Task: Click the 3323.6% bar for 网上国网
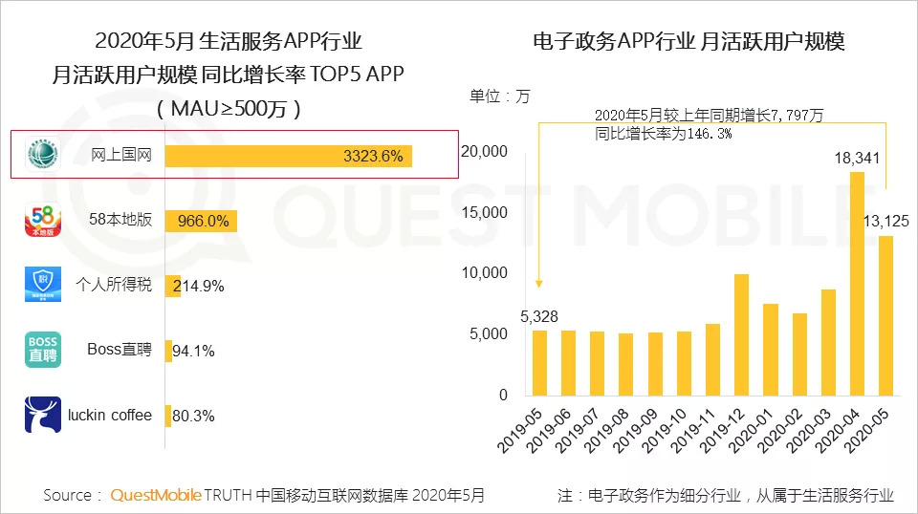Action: (287, 156)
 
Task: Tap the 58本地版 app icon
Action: (42, 221)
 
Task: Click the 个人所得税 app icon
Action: (42, 285)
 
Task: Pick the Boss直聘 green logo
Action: (42, 350)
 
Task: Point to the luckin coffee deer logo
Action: (42, 415)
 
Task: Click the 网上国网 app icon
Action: (42, 155)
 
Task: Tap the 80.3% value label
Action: (193, 416)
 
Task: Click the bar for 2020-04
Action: (857, 283)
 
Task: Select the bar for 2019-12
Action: (741, 334)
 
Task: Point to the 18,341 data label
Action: (857, 158)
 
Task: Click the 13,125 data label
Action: (886, 222)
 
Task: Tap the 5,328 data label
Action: (539, 316)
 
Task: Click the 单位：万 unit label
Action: (498, 96)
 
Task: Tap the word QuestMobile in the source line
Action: (156, 495)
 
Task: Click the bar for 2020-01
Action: (770, 349)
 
